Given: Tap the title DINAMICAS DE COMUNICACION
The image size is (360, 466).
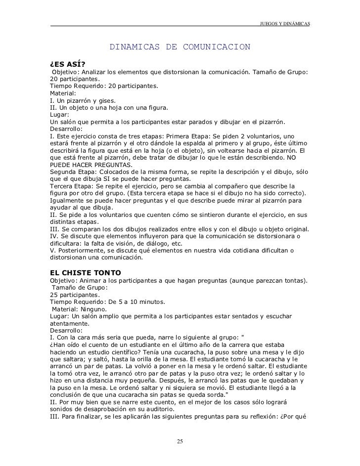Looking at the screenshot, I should pyautogui.click(x=180, y=47).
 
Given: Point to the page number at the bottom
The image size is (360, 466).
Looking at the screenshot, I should pyautogui.click(x=180, y=441).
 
